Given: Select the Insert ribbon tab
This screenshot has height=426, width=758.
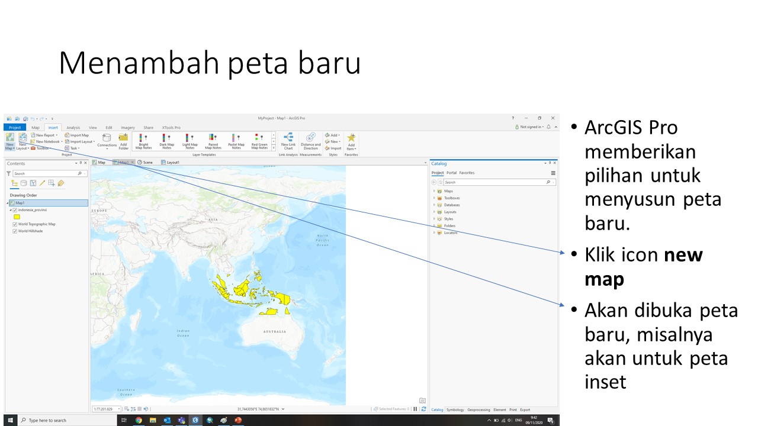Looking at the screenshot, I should pos(53,127).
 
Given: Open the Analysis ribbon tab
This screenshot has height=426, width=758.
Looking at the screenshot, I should pos(73,127).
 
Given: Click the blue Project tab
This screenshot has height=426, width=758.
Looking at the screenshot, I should pos(15,127).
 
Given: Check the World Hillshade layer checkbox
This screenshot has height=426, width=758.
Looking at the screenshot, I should pos(15,231).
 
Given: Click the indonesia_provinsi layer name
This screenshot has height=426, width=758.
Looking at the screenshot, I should pos(33,210).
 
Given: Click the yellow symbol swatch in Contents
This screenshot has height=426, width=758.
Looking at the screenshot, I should pos(17,217).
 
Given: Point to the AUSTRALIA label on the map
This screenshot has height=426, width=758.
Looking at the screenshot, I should pos(275,332).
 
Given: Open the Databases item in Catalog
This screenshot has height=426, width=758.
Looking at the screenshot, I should pos(451,205).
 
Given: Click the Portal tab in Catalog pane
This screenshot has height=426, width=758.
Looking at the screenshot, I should pos(451,173).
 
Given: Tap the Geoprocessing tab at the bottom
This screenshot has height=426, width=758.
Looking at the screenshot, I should pos(478,409).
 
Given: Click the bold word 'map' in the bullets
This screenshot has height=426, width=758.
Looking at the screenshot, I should pos(604,279).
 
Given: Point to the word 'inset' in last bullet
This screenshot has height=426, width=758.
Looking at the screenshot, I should pos(605,382).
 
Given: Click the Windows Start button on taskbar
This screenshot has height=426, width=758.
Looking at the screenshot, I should pos(10,420).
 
